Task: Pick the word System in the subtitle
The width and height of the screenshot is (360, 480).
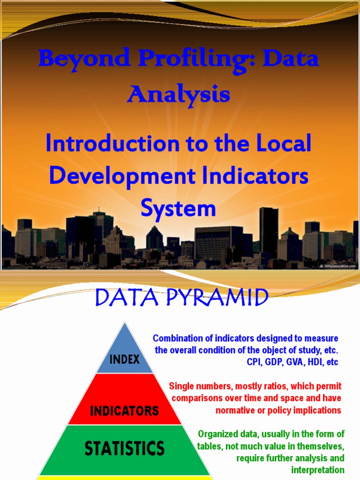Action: (179, 208)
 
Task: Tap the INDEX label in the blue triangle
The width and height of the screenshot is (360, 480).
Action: (125, 360)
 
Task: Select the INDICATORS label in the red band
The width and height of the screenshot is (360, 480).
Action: (125, 411)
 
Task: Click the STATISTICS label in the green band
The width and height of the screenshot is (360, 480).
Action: (125, 448)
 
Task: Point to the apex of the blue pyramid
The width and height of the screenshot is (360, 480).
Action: (125, 323)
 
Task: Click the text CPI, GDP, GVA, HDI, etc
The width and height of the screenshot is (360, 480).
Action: (292, 362)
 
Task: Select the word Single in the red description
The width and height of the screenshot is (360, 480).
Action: (180, 386)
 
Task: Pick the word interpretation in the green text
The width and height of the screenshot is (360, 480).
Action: (317, 470)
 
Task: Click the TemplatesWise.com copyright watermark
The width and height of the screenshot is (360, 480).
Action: (337, 266)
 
